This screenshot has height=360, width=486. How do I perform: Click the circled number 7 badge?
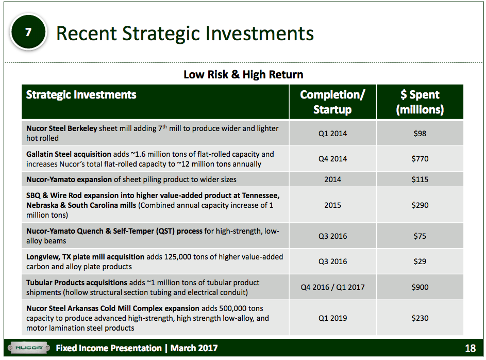28,32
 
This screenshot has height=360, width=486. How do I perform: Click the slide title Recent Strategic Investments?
185,34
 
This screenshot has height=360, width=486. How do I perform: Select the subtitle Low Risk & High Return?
243,75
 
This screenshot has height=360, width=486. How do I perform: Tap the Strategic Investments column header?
81,95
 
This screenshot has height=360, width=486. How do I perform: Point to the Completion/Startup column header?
332,102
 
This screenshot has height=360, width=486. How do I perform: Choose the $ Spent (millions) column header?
420,102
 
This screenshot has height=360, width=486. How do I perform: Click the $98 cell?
420,134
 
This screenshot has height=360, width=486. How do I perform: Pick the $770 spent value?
420,159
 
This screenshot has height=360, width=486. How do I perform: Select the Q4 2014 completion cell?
332,159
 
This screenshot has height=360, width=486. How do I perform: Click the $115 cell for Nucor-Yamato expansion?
420,179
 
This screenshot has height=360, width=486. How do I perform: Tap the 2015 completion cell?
332,205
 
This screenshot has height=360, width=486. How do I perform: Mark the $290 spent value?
420,205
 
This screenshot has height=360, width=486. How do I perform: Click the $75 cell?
420,236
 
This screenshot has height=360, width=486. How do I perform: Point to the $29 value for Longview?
420,261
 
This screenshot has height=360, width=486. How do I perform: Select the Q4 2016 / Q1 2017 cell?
332,287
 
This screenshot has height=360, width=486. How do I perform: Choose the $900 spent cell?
420,287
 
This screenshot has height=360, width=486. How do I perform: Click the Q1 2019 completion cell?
332,318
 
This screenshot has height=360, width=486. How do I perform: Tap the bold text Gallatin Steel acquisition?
69,154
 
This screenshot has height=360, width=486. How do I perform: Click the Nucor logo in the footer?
28,348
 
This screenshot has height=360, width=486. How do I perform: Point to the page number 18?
470,349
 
